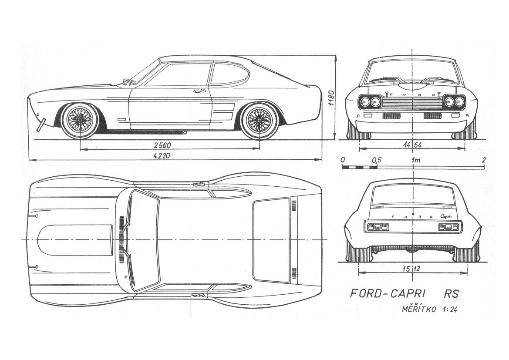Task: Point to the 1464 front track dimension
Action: pyautogui.click(x=412, y=145)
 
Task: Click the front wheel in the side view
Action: pyautogui.click(x=80, y=120)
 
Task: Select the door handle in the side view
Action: pyautogui.click(x=200, y=91)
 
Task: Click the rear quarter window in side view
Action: pyautogui.click(x=229, y=74)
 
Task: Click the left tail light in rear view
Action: pyautogui.click(x=377, y=226)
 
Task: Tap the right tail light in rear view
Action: pyautogui.click(x=448, y=226)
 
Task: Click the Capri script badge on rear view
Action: pyautogui.click(x=446, y=216)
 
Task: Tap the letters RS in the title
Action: pyautogui.click(x=452, y=294)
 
